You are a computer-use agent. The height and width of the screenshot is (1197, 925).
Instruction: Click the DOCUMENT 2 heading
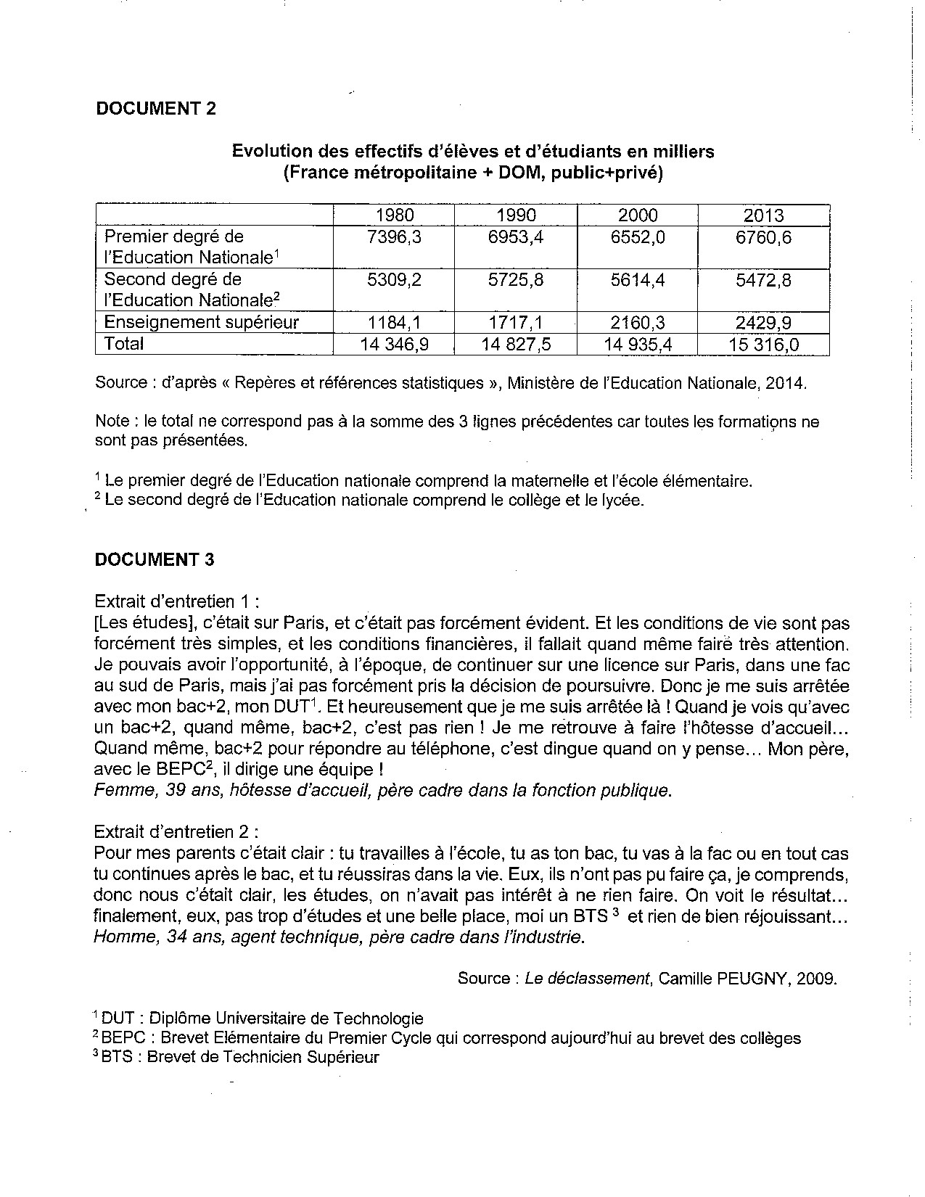156,109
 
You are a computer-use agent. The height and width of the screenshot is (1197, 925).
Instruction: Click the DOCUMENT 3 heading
155,559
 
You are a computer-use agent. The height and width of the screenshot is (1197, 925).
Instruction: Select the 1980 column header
395,215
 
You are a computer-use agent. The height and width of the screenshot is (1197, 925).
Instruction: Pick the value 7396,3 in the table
395,237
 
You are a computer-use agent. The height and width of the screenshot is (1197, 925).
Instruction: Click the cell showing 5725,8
516,280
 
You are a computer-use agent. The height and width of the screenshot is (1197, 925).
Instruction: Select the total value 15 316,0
763,345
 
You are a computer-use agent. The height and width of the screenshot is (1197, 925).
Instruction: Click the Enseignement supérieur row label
202,322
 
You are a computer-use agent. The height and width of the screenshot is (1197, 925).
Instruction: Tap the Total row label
124,344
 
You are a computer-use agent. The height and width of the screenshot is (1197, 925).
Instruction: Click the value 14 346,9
395,345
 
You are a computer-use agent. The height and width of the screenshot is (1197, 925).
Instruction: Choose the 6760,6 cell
763,237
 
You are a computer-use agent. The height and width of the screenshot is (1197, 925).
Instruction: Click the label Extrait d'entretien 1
176,601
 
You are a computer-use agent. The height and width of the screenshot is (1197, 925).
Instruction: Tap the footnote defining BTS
237,1057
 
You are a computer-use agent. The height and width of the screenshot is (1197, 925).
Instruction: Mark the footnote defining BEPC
448,1038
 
